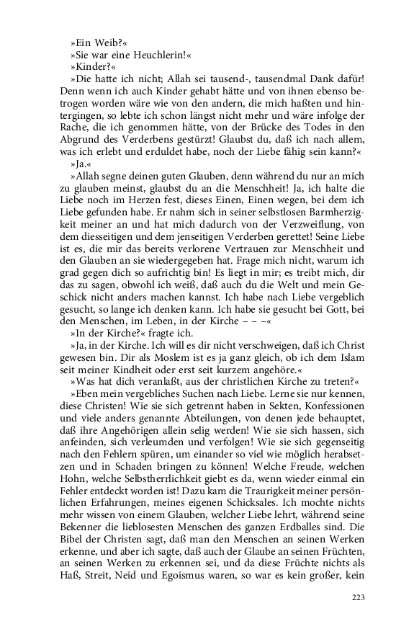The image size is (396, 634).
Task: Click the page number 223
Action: tap(359, 597)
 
